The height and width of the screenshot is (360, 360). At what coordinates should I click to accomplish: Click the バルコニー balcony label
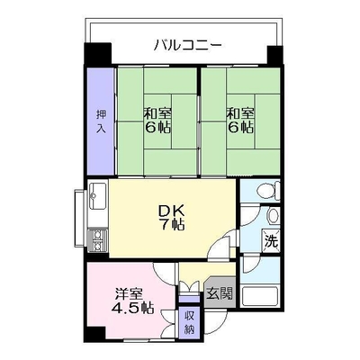(188, 46)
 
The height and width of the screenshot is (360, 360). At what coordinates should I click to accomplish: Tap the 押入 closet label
(101, 121)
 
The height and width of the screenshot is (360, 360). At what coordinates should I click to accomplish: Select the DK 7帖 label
(172, 218)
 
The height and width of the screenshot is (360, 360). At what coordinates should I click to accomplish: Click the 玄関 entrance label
(220, 293)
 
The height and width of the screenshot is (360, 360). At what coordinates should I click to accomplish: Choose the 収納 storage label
(189, 323)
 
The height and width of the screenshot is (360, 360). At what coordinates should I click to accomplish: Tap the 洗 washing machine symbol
(271, 239)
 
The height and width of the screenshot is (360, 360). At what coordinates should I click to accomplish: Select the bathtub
(260, 297)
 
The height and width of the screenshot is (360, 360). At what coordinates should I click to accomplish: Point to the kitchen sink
(96, 195)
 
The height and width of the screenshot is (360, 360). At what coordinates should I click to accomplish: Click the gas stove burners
(97, 241)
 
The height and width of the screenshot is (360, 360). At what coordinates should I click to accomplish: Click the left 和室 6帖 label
(157, 121)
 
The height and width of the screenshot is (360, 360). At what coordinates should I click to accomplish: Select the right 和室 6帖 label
(240, 121)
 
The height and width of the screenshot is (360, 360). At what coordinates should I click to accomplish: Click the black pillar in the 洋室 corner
(95, 333)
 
